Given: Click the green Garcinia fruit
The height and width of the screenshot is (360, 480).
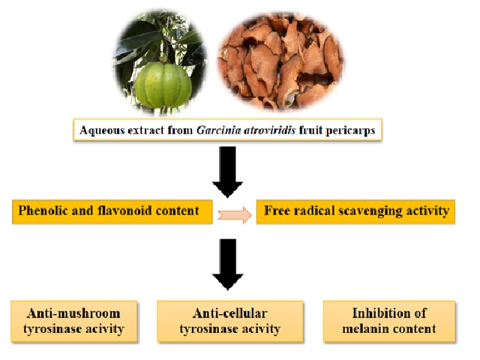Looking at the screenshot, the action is pos(163,85).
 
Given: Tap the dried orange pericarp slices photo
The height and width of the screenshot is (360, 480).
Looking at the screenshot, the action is pos(281,61).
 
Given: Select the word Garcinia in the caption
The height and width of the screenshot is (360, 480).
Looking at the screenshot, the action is pos(215,130).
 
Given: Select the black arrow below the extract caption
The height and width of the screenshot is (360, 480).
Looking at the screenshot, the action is pos(228,172).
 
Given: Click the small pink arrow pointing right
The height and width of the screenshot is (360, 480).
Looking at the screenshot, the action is pos(235,215).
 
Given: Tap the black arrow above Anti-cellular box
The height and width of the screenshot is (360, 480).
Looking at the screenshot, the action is pos(228,264).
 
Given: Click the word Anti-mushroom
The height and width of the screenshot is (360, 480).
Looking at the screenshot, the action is pos(73,313).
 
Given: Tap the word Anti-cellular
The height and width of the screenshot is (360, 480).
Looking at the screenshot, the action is pos(230,313).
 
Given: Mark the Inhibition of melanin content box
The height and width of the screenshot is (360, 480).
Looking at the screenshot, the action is pos(389,321).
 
